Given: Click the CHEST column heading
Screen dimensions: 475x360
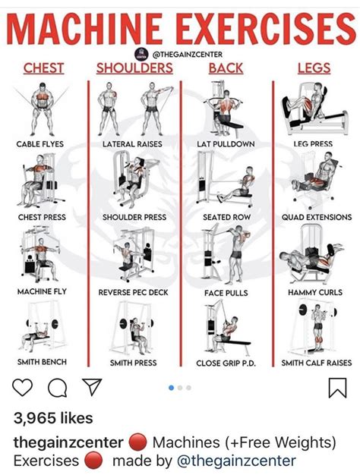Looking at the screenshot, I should pyautogui.click(x=44, y=68).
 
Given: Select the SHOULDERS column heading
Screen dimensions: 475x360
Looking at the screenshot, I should pyautogui.click(x=134, y=68).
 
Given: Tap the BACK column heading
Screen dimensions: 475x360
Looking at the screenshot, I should pyautogui.click(x=226, y=68).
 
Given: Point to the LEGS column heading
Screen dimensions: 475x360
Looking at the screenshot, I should pyautogui.click(x=313, y=68).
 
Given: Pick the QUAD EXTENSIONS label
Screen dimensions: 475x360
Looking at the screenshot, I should pyautogui.click(x=317, y=217).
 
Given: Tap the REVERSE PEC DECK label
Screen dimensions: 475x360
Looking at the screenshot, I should pyautogui.click(x=134, y=291).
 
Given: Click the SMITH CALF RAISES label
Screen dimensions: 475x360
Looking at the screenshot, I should pyautogui.click(x=317, y=363).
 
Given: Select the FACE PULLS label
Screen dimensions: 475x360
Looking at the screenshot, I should pyautogui.click(x=226, y=291).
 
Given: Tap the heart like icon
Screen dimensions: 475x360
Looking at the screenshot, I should pyautogui.click(x=24, y=388).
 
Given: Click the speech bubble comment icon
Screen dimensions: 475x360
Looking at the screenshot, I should pyautogui.click(x=57, y=388).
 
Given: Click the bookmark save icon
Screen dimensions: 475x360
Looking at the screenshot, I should pyautogui.click(x=336, y=388).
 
